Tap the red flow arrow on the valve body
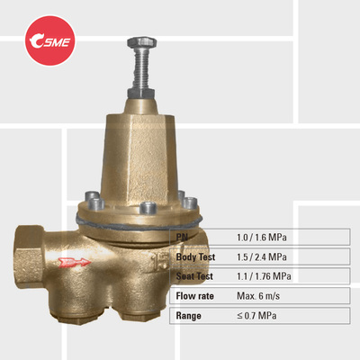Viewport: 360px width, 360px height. (73, 263)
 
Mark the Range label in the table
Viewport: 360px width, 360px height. (190, 316)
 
